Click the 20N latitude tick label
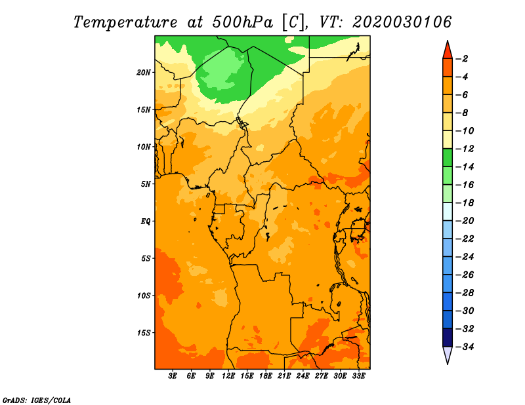[x=143, y=72]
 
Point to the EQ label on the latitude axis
[x=145, y=221]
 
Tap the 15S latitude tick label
[x=144, y=333]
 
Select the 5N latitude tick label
[x=146, y=184]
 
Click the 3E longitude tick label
[x=173, y=376]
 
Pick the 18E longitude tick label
[x=266, y=376]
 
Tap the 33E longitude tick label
[x=358, y=376]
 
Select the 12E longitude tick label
[x=228, y=376]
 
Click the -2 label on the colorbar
[x=462, y=59]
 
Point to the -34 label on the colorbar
[x=465, y=347]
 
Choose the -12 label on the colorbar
[x=465, y=149]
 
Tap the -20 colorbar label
[x=465, y=221]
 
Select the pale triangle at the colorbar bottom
[x=448, y=354]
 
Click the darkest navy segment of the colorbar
[x=448, y=337]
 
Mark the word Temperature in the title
[x=125, y=22]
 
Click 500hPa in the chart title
[x=242, y=22]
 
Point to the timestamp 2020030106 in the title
[x=402, y=22]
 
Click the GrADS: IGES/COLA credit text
[x=37, y=400]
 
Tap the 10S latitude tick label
[x=144, y=296]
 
